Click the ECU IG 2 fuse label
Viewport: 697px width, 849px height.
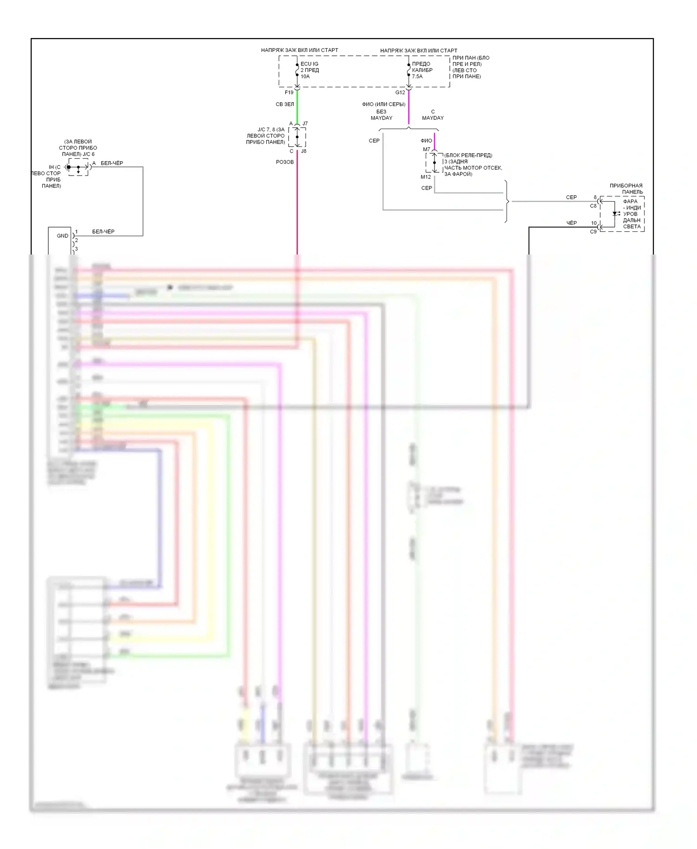[x=309, y=67]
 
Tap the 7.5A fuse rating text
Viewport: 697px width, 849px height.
[x=417, y=77]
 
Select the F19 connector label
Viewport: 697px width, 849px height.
[x=289, y=92]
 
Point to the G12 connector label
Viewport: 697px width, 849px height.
[x=400, y=92]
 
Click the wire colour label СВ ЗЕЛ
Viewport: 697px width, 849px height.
[x=284, y=104]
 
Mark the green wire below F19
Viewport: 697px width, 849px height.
[x=297, y=106]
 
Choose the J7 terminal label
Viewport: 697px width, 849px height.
[x=305, y=124]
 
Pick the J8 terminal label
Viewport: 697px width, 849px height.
[x=303, y=151]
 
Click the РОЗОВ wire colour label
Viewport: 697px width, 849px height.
[x=284, y=162]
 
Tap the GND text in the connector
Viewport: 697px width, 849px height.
[x=62, y=236]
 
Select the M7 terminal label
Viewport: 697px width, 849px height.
[x=426, y=149]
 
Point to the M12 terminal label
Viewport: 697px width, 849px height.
[x=426, y=177]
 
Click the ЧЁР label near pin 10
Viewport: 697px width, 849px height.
[x=571, y=223]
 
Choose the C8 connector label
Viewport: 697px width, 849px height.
[x=593, y=206]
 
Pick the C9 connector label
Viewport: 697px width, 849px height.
[x=593, y=231]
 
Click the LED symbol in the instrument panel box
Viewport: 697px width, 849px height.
[x=615, y=214]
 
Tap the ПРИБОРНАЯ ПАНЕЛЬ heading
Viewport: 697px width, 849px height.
[x=626, y=189]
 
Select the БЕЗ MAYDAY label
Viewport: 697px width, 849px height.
[x=381, y=115]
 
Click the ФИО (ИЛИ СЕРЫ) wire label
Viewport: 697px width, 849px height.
[x=383, y=104]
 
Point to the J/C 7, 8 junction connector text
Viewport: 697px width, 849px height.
[x=265, y=136]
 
